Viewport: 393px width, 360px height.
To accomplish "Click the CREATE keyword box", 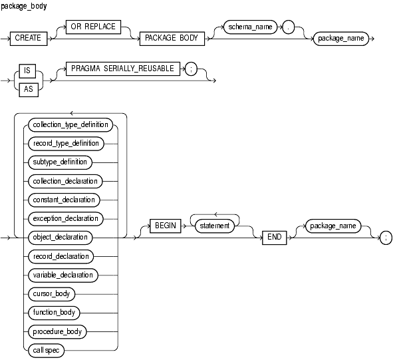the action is (x=29, y=39).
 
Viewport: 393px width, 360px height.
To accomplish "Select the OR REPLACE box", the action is (x=93, y=27).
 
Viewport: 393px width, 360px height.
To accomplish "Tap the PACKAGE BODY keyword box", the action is (x=172, y=39).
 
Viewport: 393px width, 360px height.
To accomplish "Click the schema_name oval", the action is (x=250, y=27).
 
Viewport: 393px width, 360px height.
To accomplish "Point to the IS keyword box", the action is (x=27, y=71).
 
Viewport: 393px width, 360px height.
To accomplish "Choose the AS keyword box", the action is (x=29, y=90).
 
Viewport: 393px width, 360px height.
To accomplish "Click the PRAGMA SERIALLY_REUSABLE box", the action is (x=123, y=69).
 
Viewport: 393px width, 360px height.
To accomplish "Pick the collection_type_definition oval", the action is (x=70, y=125).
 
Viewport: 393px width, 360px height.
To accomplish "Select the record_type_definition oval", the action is (x=66, y=144).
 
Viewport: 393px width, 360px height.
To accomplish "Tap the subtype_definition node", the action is (x=60, y=162).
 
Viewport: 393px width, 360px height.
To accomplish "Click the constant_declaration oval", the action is (x=64, y=200).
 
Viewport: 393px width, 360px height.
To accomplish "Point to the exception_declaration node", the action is (x=66, y=219).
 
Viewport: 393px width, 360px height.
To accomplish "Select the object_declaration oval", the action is (x=61, y=238).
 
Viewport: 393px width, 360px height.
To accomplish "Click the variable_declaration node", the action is (x=63, y=275).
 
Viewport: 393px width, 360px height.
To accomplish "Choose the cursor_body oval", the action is (x=52, y=294).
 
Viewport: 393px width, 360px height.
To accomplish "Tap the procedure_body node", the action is (x=57, y=331).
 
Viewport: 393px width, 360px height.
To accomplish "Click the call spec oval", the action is (x=47, y=351).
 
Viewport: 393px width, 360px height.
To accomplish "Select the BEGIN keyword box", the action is (x=166, y=226).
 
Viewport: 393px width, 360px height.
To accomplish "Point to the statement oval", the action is (x=215, y=226).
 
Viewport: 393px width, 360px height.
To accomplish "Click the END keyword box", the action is (x=275, y=238).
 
